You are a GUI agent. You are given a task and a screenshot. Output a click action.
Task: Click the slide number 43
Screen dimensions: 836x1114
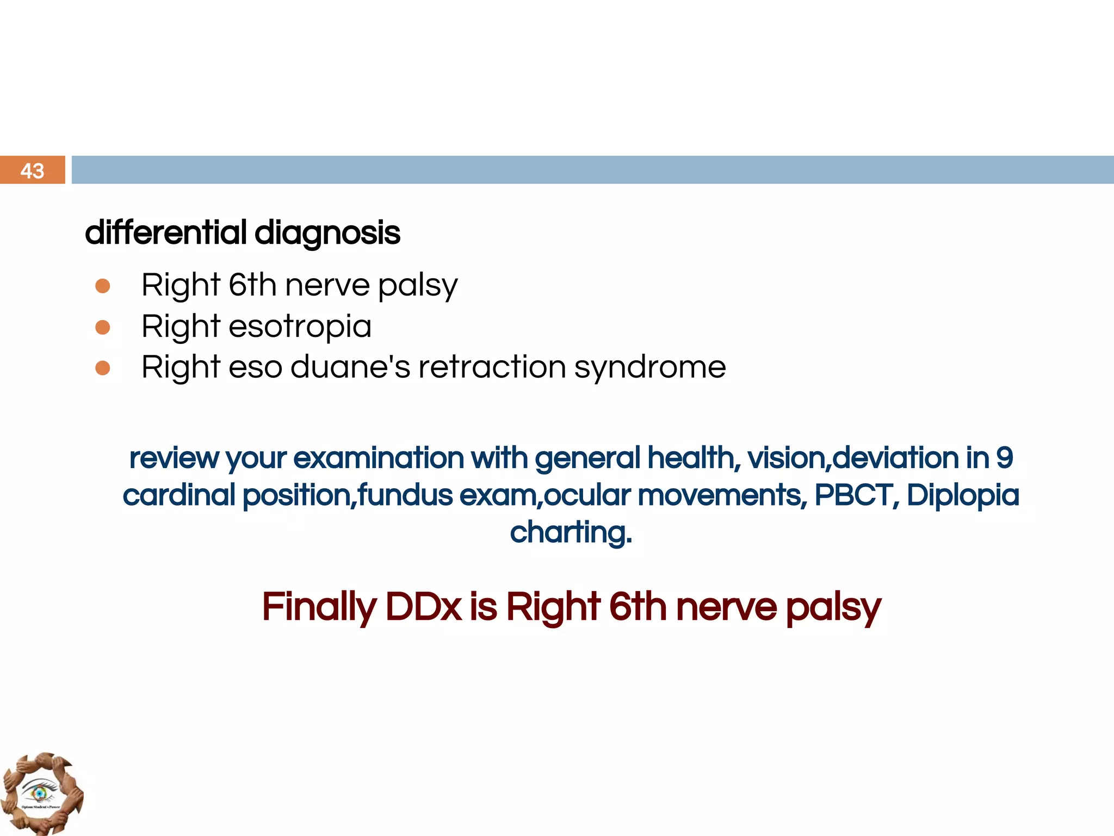tap(32, 171)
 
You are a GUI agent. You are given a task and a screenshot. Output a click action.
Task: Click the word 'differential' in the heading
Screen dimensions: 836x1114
tap(166, 233)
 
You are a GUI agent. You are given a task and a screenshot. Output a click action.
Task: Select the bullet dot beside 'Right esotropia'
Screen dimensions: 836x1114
tap(103, 327)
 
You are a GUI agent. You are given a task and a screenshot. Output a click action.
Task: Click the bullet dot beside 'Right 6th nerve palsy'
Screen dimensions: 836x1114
tap(103, 286)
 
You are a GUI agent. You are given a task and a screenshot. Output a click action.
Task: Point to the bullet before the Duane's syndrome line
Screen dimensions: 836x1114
tap(103, 368)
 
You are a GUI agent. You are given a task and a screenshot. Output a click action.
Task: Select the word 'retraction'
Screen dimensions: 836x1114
tap(492, 367)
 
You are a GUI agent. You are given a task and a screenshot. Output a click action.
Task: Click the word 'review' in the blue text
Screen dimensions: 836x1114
tap(174, 458)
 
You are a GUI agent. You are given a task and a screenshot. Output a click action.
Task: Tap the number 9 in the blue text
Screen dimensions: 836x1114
tap(1004, 458)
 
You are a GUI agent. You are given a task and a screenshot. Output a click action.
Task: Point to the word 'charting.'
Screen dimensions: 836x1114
tap(571, 533)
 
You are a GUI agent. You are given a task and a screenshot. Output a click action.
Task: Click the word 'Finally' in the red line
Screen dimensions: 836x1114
tap(319, 608)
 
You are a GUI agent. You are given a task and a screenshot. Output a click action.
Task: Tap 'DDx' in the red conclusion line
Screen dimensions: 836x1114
tap(423, 607)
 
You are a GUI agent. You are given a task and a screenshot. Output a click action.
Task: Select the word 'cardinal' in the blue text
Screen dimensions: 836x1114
tap(179, 495)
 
